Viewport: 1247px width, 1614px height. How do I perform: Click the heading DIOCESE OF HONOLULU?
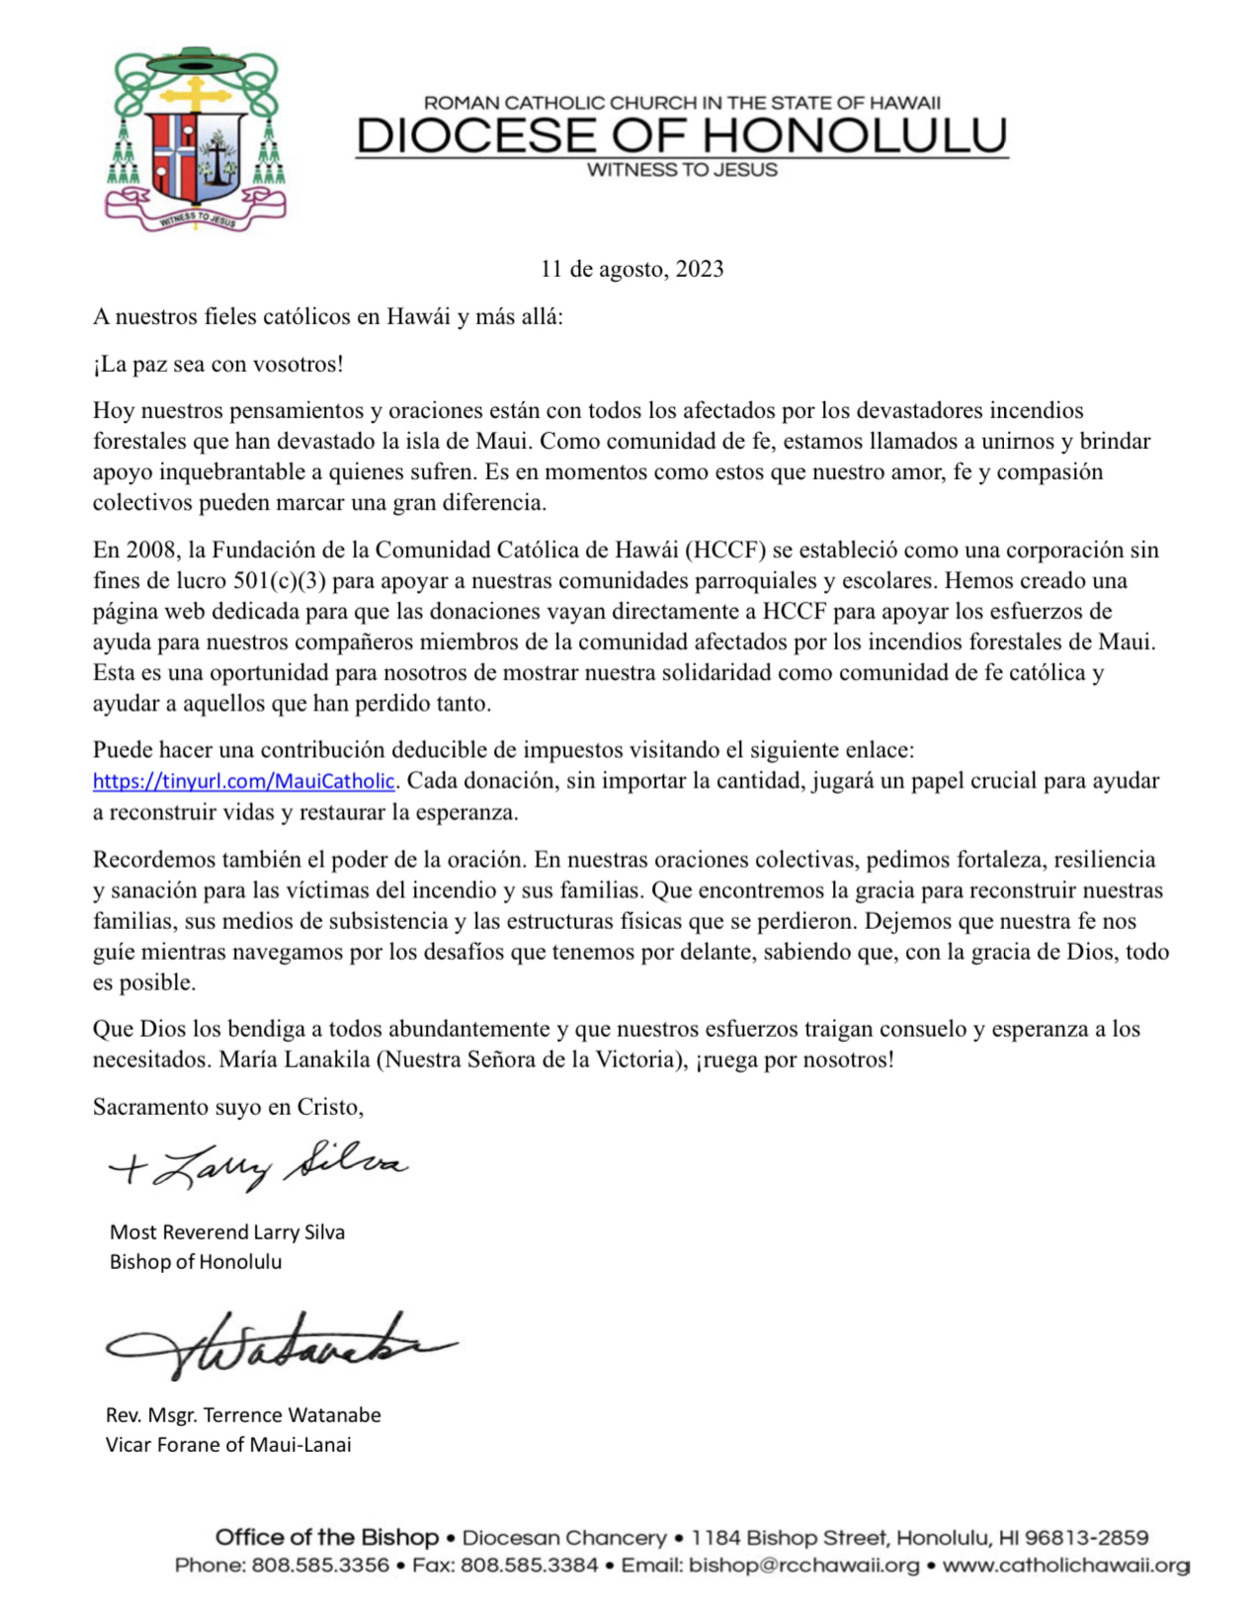click(682, 135)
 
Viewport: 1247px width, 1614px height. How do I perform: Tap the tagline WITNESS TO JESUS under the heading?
click(682, 170)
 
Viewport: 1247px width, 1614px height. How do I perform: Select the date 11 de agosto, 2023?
click(631, 269)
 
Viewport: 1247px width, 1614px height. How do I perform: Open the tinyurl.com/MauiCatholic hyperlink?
click(244, 781)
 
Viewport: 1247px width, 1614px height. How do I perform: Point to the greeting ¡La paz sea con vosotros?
click(218, 364)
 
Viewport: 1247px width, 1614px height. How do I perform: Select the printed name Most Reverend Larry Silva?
click(227, 1232)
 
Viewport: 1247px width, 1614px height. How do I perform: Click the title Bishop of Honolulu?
click(196, 1261)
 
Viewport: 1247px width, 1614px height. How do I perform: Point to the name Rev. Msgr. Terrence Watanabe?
click(243, 1414)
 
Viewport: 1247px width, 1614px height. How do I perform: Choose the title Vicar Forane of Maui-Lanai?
click(228, 1444)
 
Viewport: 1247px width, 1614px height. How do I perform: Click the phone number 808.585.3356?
click(320, 1566)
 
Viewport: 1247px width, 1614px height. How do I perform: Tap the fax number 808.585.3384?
click(530, 1566)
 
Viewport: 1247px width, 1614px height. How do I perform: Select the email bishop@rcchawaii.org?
click(803, 1566)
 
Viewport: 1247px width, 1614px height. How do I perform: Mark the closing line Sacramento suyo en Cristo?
click(228, 1107)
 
